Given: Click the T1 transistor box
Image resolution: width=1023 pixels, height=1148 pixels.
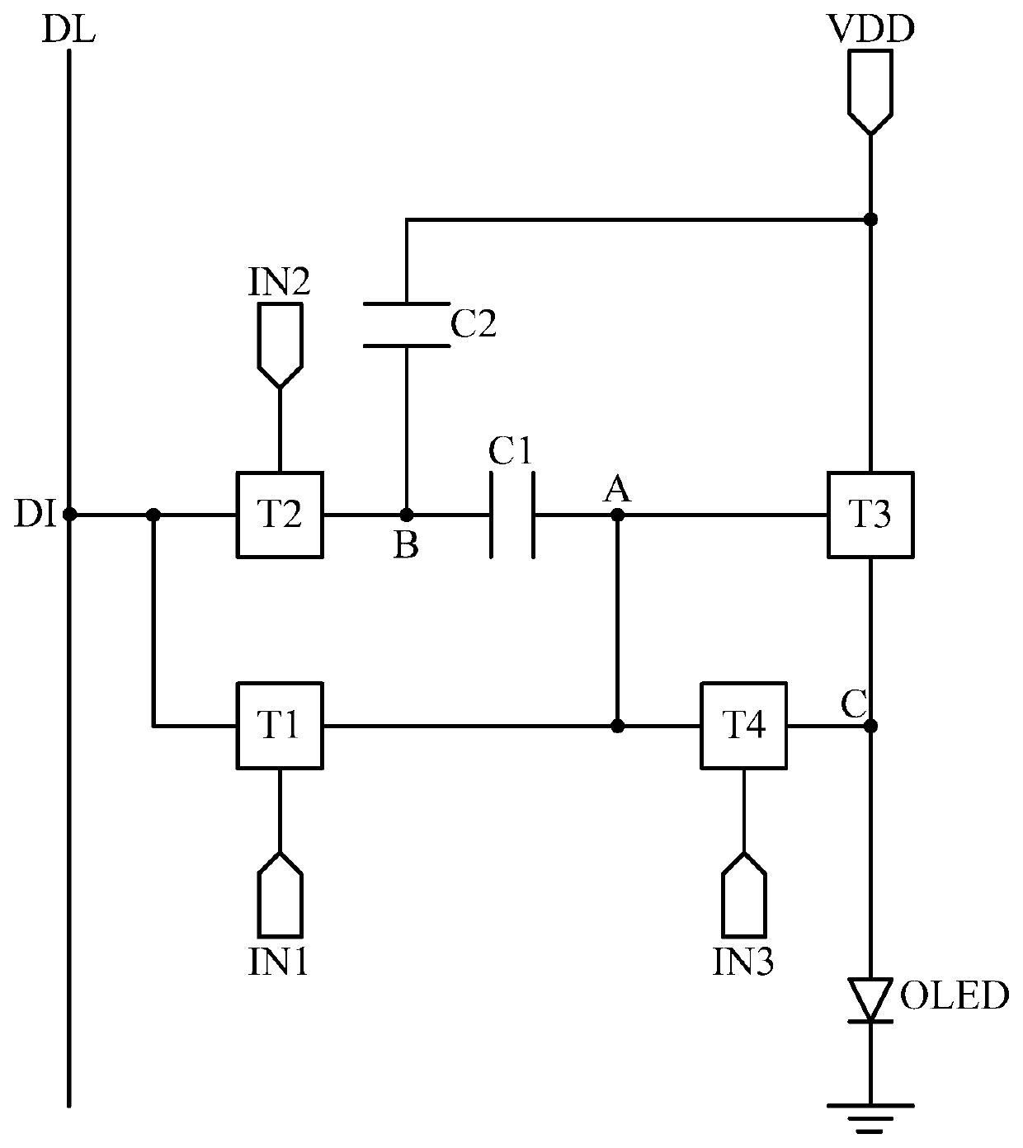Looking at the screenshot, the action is (x=280, y=725).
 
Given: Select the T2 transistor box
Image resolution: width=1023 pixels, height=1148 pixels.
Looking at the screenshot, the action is (x=280, y=515).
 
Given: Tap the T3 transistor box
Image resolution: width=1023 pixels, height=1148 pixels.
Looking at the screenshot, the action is (x=870, y=515).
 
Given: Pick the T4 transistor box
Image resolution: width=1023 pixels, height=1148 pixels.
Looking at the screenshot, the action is (x=743, y=725).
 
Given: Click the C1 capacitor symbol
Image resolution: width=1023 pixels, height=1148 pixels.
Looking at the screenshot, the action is (x=512, y=515).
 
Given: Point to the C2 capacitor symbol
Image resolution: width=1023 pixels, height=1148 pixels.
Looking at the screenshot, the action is (x=407, y=325).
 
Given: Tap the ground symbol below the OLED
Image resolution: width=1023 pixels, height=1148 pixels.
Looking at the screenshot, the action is (x=870, y=1117).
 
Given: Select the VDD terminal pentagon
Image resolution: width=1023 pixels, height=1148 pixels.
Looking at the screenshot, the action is (x=870, y=92).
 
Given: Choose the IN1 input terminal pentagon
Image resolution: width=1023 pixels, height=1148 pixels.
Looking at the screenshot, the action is (x=280, y=895).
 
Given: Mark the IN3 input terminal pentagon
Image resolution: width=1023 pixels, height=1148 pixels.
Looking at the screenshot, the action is (x=743, y=895).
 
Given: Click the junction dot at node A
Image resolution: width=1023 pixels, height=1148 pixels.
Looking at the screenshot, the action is (x=617, y=515).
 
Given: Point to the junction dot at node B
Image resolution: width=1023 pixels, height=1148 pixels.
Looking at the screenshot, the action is (x=407, y=515).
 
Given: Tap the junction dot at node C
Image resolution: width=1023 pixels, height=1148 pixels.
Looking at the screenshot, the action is (x=870, y=725).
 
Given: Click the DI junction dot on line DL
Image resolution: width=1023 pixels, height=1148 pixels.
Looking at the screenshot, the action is (x=69, y=515).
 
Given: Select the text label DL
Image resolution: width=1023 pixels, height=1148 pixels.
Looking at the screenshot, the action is (x=68, y=30).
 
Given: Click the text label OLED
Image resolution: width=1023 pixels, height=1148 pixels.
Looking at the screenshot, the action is (x=955, y=995).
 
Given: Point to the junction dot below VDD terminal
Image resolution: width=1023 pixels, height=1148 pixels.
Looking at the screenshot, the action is (x=870, y=219).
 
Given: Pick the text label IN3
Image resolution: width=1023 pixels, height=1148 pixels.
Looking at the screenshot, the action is (x=743, y=962).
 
